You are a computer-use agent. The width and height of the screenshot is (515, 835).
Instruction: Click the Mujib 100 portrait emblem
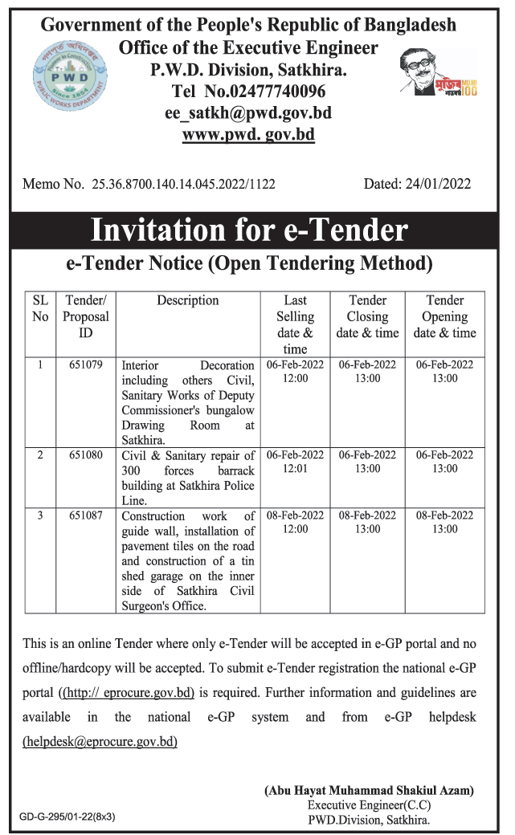click(x=438, y=72)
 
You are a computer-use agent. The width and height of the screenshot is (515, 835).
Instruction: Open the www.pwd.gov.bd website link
click(x=248, y=135)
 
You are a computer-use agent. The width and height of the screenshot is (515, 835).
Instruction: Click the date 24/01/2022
click(x=439, y=184)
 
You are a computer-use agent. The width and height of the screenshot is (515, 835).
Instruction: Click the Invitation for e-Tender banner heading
click(x=250, y=230)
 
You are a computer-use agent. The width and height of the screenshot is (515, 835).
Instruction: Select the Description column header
click(x=188, y=300)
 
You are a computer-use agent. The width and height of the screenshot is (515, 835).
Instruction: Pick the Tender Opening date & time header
click(x=444, y=316)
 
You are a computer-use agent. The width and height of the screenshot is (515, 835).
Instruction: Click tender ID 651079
click(x=85, y=365)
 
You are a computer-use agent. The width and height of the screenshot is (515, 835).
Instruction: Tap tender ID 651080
click(x=85, y=455)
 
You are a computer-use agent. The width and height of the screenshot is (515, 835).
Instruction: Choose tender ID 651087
click(x=85, y=516)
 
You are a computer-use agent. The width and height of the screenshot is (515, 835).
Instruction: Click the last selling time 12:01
click(x=295, y=469)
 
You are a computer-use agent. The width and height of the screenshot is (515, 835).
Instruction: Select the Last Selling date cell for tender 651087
click(x=295, y=522)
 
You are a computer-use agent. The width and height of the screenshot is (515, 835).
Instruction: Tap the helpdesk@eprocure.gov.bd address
click(x=100, y=742)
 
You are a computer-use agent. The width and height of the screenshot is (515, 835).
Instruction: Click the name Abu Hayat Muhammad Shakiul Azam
click(x=370, y=791)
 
